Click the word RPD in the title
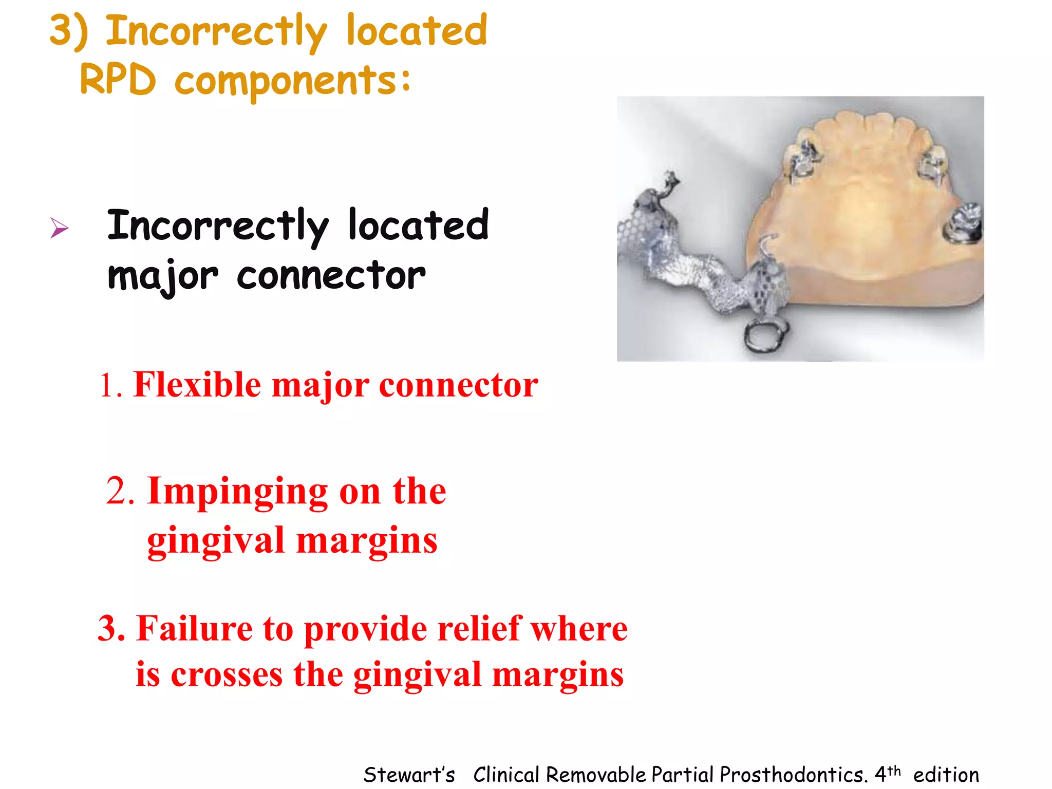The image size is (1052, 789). pyautogui.click(x=118, y=81)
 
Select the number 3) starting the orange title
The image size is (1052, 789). pyautogui.click(x=69, y=32)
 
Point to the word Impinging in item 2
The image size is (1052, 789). pyautogui.click(x=237, y=492)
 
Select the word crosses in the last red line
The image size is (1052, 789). pyautogui.click(x=227, y=674)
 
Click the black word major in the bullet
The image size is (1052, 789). pyautogui.click(x=163, y=277)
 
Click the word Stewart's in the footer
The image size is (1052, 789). pyautogui.click(x=409, y=775)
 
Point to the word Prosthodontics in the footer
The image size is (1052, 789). pyautogui.click(x=793, y=775)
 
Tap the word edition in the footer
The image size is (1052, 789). pyautogui.click(x=946, y=775)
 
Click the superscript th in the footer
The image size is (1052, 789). pyautogui.click(x=894, y=770)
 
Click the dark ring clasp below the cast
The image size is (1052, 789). pyautogui.click(x=765, y=336)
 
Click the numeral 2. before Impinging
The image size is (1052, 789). pyautogui.click(x=120, y=492)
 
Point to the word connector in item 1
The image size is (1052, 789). pyautogui.click(x=458, y=385)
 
